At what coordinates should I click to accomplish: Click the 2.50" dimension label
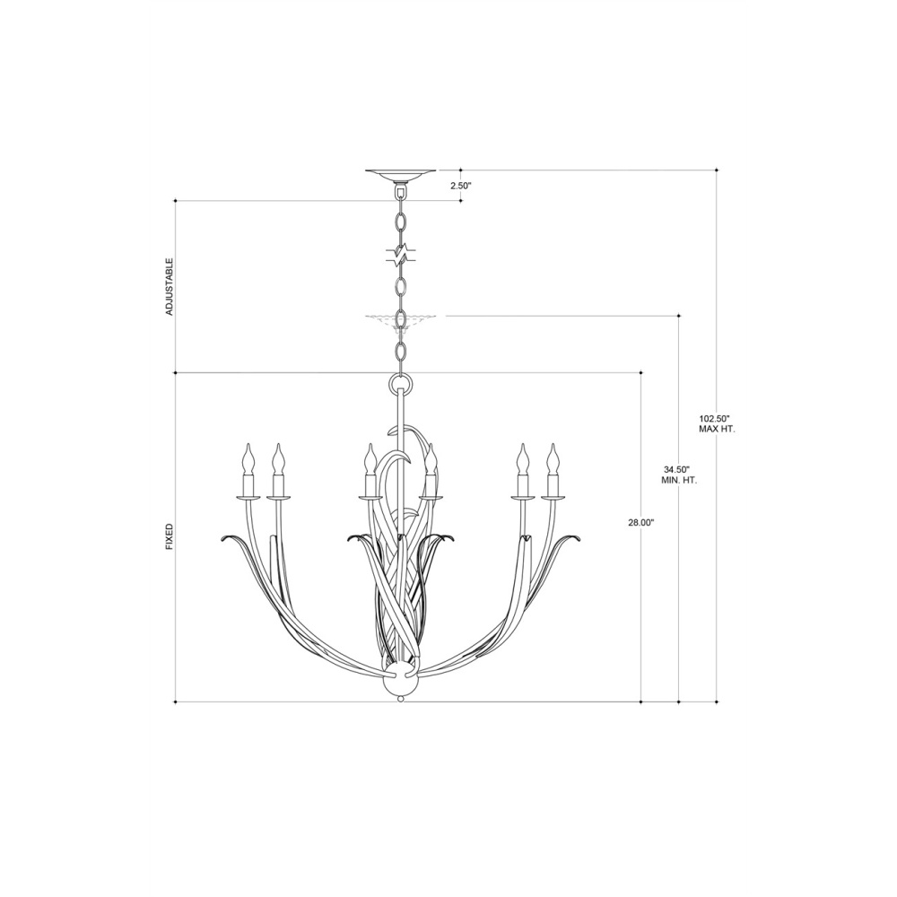[x=459, y=186]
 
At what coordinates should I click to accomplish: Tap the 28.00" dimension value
[x=640, y=522]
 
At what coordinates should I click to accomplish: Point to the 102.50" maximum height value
[x=713, y=417]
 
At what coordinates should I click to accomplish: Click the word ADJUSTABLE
[x=170, y=287]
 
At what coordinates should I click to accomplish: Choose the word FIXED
[x=170, y=536]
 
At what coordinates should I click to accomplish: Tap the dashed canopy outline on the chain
[x=400, y=318]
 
